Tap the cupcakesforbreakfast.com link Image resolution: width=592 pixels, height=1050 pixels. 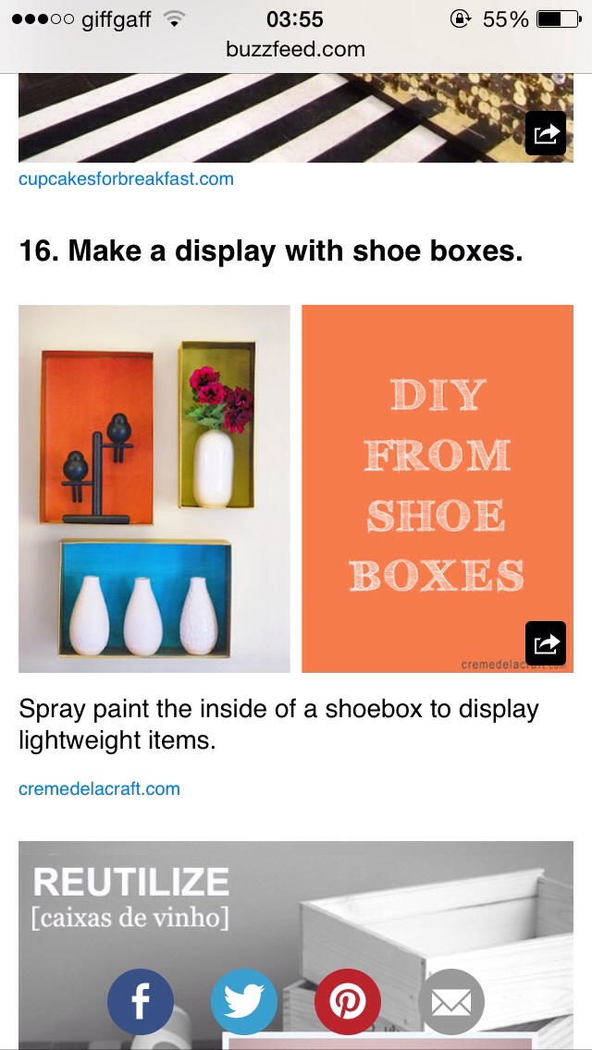126,178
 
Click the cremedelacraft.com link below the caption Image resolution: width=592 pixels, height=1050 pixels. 99,788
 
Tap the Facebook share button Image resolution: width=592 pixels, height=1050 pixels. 141,1002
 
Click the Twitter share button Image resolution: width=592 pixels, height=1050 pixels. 244,1002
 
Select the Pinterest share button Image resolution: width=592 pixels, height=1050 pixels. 348,1002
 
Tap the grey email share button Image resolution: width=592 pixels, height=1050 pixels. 451,1002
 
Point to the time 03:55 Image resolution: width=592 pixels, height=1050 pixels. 294,19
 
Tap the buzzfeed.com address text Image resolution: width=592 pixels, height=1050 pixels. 295,49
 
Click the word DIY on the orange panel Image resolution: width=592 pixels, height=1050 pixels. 437,396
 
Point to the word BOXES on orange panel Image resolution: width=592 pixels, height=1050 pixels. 437,575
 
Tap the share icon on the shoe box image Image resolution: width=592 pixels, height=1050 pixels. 545,642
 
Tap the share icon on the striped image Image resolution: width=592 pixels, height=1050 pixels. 545,133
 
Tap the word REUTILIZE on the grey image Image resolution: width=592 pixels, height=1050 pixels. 130,882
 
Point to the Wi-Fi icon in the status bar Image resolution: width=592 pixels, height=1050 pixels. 173,19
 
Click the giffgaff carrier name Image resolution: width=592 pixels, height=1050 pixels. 116,19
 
